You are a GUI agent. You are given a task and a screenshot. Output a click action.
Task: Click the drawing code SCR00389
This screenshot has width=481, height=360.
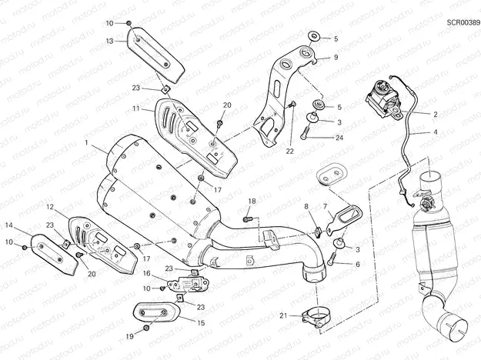coord(462,23)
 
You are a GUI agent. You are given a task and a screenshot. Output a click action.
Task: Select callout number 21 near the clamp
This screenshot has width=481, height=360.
coord(283,315)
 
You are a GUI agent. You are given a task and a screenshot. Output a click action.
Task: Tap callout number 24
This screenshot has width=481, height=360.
coord(339,138)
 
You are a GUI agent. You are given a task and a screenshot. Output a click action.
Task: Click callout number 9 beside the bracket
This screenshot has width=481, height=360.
coord(336,58)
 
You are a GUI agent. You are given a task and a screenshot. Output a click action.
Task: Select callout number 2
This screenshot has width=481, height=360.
coord(435,114)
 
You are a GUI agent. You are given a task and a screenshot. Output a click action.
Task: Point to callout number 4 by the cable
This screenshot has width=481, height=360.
coord(435,132)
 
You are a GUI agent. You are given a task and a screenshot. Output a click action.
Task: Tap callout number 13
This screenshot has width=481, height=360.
coord(110,41)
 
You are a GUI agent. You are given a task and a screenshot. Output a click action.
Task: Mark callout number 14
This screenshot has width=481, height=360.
coord(9,225)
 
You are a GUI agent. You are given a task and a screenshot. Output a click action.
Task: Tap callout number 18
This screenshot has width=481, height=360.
coord(251,202)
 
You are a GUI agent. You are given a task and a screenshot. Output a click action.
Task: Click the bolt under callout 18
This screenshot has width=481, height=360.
coord(246,219)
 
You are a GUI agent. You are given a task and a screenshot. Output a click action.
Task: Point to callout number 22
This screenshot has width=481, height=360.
coord(290,152)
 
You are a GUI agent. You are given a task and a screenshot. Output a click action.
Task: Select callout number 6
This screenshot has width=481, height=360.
coord(356,264)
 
